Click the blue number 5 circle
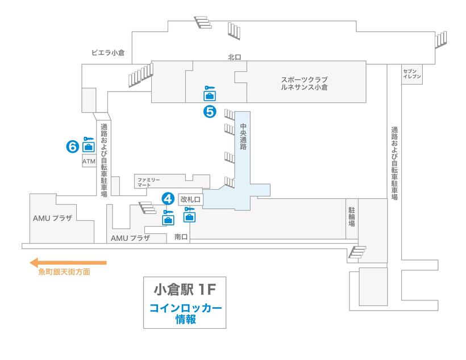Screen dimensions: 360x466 pyautogui.click(x=210, y=111)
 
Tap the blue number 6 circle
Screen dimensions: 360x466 pyautogui.click(x=72, y=146)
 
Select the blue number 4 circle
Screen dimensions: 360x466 pyautogui.click(x=168, y=198)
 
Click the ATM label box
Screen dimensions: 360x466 pyautogui.click(x=89, y=162)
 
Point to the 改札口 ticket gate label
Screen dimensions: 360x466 pyautogui.click(x=190, y=199)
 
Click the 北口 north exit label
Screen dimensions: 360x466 pyautogui.click(x=235, y=57)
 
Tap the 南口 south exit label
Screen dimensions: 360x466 pyautogui.click(x=181, y=236)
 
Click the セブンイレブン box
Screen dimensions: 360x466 pyautogui.click(x=411, y=74)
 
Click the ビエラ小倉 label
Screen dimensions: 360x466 pyautogui.click(x=108, y=53)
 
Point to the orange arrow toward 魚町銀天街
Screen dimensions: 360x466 pyautogui.click(x=68, y=262)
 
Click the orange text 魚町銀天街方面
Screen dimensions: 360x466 pyautogui.click(x=64, y=273)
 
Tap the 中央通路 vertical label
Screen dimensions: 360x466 pyautogui.click(x=243, y=137)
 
